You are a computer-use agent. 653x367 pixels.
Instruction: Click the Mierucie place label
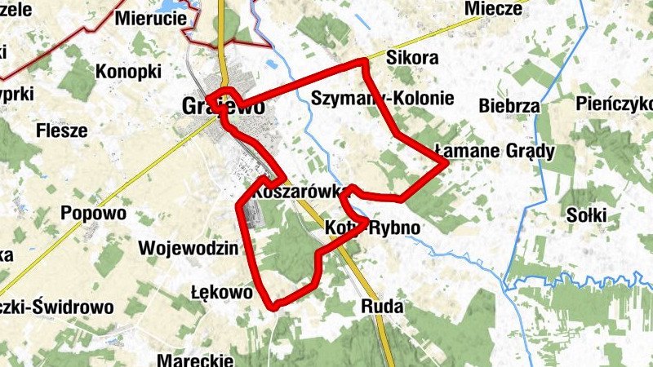[149, 17]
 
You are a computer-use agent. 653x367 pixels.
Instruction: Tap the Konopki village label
[128, 72]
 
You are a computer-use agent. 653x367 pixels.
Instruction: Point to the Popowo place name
[94, 214]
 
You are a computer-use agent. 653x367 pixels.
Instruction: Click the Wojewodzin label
[188, 248]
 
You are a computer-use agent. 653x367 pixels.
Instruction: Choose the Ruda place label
[381, 307]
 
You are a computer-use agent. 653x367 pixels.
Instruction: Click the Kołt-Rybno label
[372, 228]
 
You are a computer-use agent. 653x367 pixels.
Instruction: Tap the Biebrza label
[510, 106]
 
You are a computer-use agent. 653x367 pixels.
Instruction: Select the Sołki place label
[587, 215]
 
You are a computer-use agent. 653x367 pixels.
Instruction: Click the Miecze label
[491, 9]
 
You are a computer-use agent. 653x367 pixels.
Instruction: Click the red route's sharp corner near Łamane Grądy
[447, 163]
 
